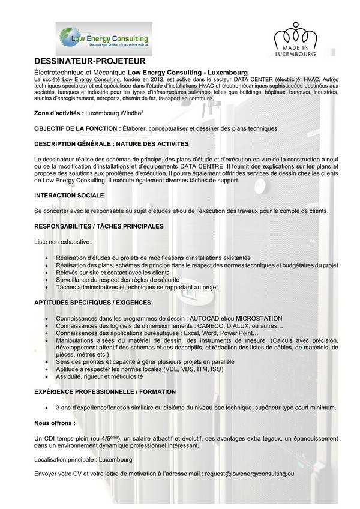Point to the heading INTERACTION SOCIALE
pyautogui.click(x=69, y=196)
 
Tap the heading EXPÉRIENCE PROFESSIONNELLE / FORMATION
pyautogui.click(x=105, y=391)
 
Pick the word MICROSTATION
pyautogui.click(x=258, y=318)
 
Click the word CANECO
pyautogui.click(x=193, y=325)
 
